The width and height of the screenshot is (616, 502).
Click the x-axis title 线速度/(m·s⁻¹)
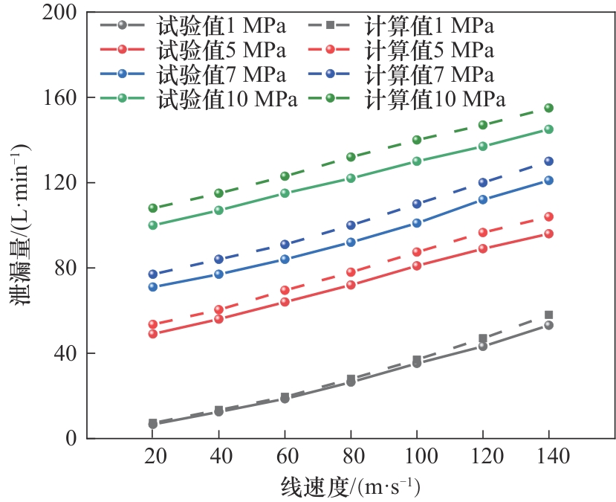pyautogui.click(x=351, y=487)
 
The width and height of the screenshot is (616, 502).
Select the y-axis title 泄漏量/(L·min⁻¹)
pyautogui.click(x=21, y=225)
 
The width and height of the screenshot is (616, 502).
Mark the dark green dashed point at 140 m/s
pyautogui.click(x=548, y=108)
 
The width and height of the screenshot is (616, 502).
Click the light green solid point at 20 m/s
pyautogui.click(x=153, y=225)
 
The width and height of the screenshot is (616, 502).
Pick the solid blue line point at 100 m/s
pyautogui.click(x=417, y=222)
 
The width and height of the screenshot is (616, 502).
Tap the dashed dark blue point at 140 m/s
pyautogui.click(x=548, y=161)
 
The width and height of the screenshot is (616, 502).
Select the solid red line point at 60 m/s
pyautogui.click(x=285, y=302)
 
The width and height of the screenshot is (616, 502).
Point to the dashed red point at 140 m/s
pyautogui.click(x=548, y=216)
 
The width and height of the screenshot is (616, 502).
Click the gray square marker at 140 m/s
pyautogui.click(x=548, y=315)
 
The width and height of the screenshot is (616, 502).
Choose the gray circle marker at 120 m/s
pyautogui.click(x=483, y=346)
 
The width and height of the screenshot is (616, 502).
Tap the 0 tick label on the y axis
pyautogui.click(x=73, y=438)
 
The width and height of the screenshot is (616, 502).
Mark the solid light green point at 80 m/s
pyautogui.click(x=351, y=178)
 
